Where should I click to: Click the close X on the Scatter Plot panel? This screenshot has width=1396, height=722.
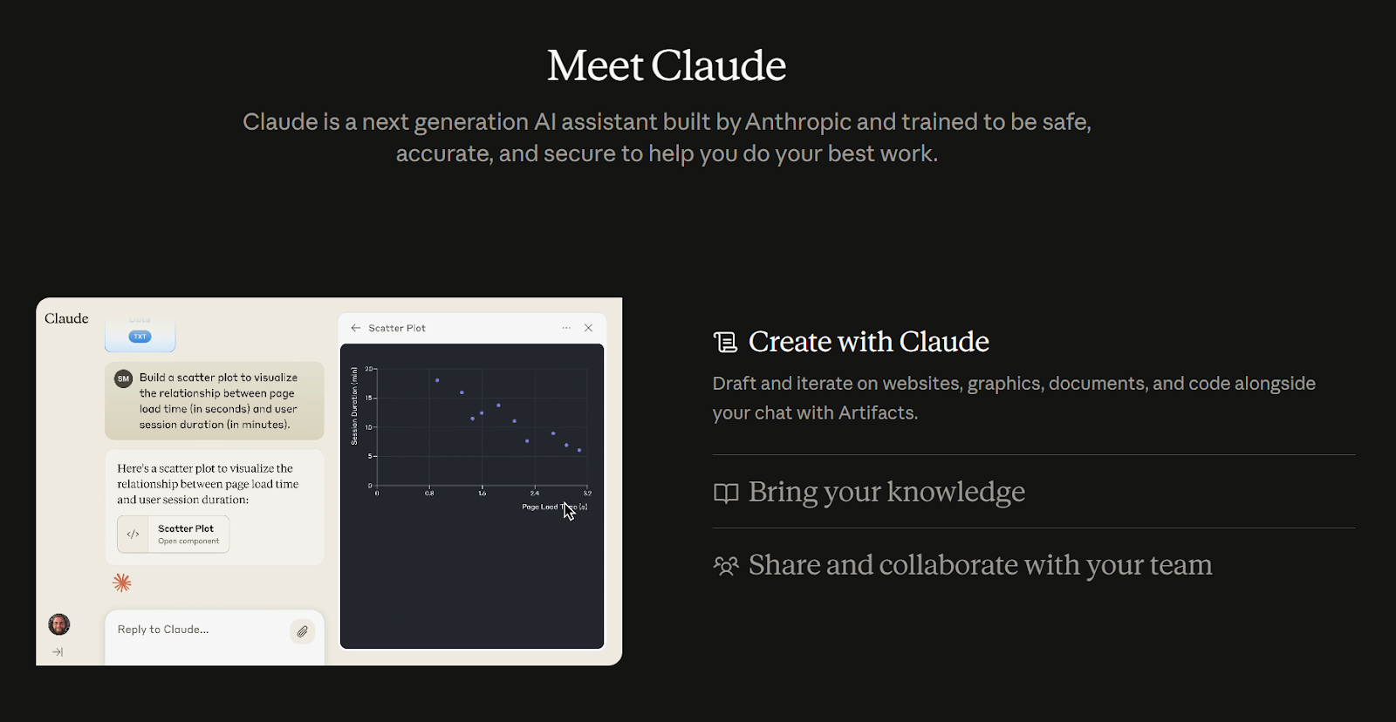tap(589, 328)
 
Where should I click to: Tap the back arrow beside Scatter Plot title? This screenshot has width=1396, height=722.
tap(355, 328)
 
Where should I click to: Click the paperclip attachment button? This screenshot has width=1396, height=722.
tap(302, 631)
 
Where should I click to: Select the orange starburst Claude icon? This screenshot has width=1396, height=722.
tap(122, 582)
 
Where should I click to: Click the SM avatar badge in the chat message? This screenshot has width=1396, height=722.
tap(124, 378)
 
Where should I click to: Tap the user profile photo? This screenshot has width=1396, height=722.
tap(58, 624)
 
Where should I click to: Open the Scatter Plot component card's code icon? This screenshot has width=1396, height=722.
tap(133, 535)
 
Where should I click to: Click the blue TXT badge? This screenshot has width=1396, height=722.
tap(140, 337)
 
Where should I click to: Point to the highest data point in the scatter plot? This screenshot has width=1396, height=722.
tap(437, 380)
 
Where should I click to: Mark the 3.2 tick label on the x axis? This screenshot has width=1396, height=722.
tap(587, 494)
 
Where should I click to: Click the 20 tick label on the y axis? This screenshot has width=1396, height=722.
tap(369, 369)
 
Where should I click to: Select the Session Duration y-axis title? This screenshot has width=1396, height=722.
tap(354, 406)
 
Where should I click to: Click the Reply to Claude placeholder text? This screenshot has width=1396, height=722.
tap(163, 630)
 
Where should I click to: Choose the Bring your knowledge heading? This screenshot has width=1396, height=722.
tap(886, 492)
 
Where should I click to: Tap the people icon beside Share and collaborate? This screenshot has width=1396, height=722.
tap(726, 566)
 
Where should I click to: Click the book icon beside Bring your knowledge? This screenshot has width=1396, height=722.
tap(726, 493)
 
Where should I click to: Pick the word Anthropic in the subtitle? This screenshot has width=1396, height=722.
tap(797, 122)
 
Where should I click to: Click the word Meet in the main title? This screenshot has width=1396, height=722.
tap(595, 66)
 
